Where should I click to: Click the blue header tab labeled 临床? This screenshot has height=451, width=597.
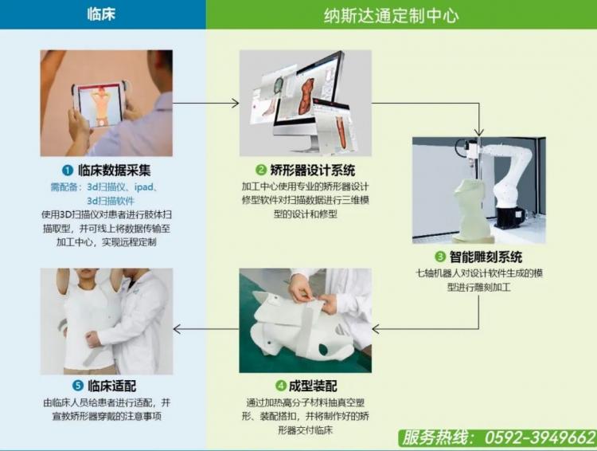101,14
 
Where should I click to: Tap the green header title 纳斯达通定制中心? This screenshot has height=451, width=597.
391,16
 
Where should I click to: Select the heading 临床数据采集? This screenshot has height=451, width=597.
115,170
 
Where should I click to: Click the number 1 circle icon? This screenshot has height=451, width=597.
68,170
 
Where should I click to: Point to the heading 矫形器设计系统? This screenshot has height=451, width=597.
313,170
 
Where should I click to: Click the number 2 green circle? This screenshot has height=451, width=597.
260,169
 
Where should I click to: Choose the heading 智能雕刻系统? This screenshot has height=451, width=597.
486,257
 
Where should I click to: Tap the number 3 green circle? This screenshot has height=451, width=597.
440,257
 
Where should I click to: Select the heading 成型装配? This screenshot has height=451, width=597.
313,386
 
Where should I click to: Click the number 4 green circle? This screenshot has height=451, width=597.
280,386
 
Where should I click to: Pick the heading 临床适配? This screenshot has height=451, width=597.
112,386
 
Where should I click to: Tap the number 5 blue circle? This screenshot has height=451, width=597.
78,386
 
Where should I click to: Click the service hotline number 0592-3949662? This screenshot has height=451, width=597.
540,437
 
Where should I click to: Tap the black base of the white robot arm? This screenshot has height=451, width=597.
510,218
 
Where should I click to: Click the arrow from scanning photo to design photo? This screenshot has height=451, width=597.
206,103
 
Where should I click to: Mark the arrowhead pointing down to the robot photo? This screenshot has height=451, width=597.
479,132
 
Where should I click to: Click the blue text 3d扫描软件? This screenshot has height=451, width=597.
111,201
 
